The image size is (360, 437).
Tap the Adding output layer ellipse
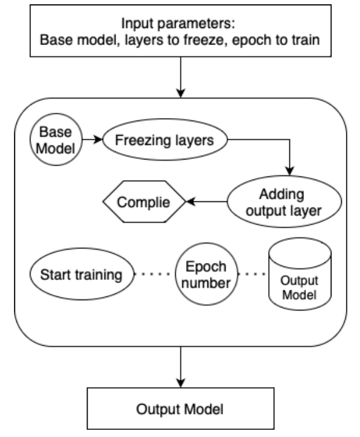[280, 201]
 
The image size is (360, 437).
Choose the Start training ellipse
[81, 274]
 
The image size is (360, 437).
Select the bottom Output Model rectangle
[180, 408]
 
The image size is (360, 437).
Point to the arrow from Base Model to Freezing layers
[92, 140]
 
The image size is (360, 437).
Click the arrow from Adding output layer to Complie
[207, 201]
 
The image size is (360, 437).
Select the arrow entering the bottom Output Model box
[180, 369]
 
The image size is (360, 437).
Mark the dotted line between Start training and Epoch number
[153, 274]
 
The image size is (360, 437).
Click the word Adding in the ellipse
[280, 194]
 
